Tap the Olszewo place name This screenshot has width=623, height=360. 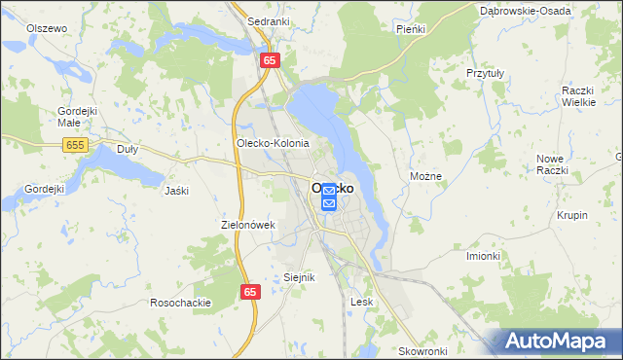(47, 28)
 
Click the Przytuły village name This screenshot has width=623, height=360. (484, 72)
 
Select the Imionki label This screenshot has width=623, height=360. (483, 256)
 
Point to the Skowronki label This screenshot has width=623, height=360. (422, 350)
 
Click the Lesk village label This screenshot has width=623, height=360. (362, 302)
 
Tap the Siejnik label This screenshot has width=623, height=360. (300, 277)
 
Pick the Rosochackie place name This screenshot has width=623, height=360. (181, 303)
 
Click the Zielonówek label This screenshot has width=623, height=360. (250, 225)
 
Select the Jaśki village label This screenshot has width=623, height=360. (176, 190)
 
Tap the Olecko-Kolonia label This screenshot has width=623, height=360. (273, 143)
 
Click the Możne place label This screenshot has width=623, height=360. (426, 176)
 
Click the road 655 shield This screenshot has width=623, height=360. (76, 145)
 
